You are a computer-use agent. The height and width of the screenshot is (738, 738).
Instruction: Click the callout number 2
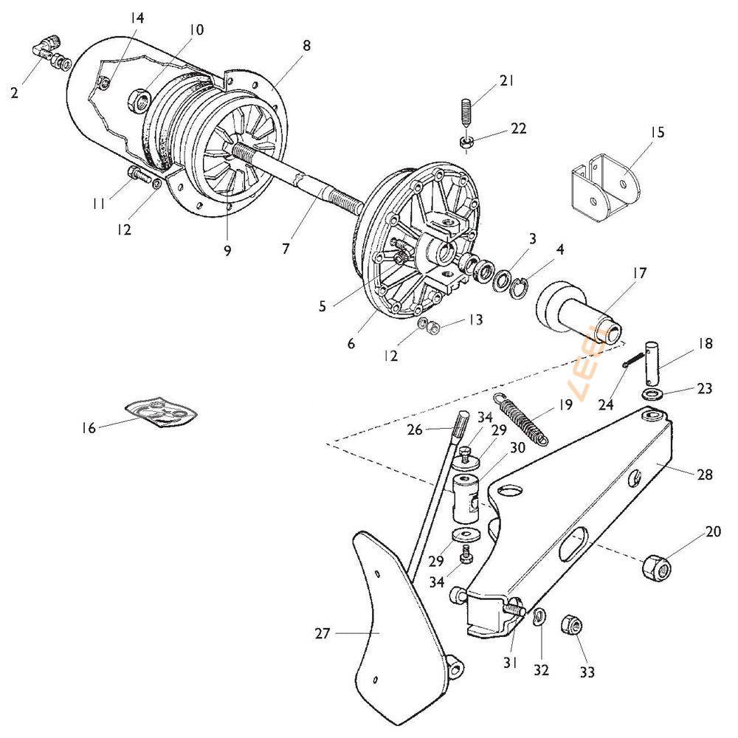click(14, 92)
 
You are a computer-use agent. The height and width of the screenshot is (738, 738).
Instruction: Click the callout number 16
click(89, 427)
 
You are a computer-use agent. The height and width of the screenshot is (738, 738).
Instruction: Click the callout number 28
click(704, 475)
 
